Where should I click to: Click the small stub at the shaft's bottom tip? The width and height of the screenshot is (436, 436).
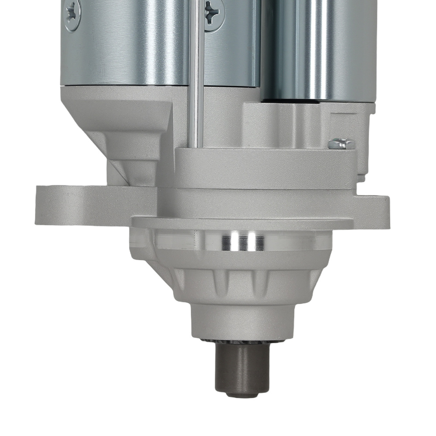[243, 394]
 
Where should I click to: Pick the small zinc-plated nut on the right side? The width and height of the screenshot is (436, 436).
[341, 143]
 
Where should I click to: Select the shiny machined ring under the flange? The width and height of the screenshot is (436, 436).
[242, 241]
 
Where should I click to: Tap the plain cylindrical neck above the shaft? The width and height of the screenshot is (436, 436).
[243, 320]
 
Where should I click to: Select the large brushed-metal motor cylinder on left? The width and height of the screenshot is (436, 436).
[131, 44]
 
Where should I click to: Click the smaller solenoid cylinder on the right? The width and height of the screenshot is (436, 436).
[318, 48]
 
